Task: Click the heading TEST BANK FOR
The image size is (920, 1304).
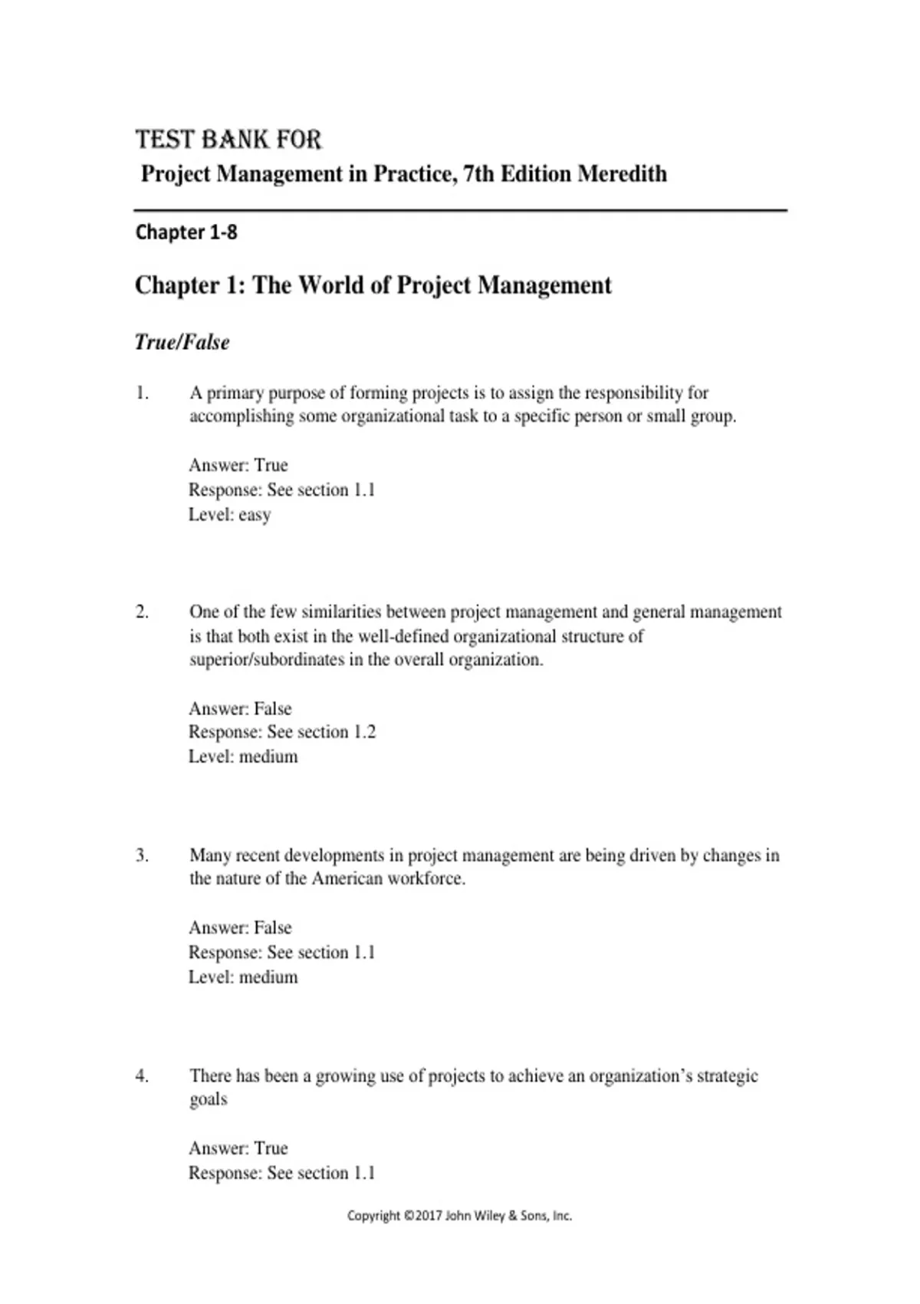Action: [228, 140]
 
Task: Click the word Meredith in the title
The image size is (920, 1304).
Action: [622, 174]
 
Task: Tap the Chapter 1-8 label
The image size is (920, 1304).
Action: [186, 232]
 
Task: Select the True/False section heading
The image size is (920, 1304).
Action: [182, 342]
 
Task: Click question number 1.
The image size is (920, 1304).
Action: [142, 393]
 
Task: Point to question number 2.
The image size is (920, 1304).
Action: [142, 612]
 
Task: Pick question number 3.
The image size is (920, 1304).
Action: [142, 855]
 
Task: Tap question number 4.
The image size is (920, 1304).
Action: [142, 1075]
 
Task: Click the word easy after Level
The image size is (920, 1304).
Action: [255, 515]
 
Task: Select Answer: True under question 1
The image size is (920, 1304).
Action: [238, 465]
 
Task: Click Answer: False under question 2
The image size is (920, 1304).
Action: [240, 708]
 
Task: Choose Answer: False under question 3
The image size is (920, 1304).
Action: [240, 927]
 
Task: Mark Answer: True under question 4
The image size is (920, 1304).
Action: [238, 1148]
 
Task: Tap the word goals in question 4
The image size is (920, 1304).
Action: [209, 1099]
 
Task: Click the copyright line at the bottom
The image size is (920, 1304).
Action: [460, 1216]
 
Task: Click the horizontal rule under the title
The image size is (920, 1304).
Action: [460, 209]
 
